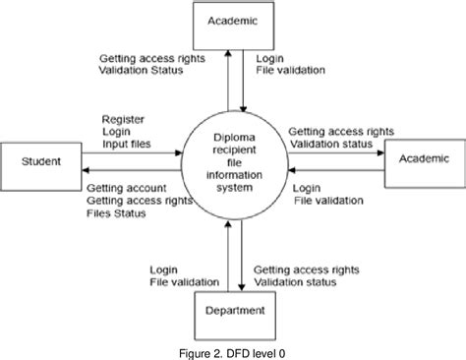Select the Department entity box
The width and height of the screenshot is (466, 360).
(x=234, y=311)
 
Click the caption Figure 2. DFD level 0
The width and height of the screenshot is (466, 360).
(x=233, y=351)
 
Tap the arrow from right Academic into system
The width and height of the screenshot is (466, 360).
(x=334, y=169)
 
